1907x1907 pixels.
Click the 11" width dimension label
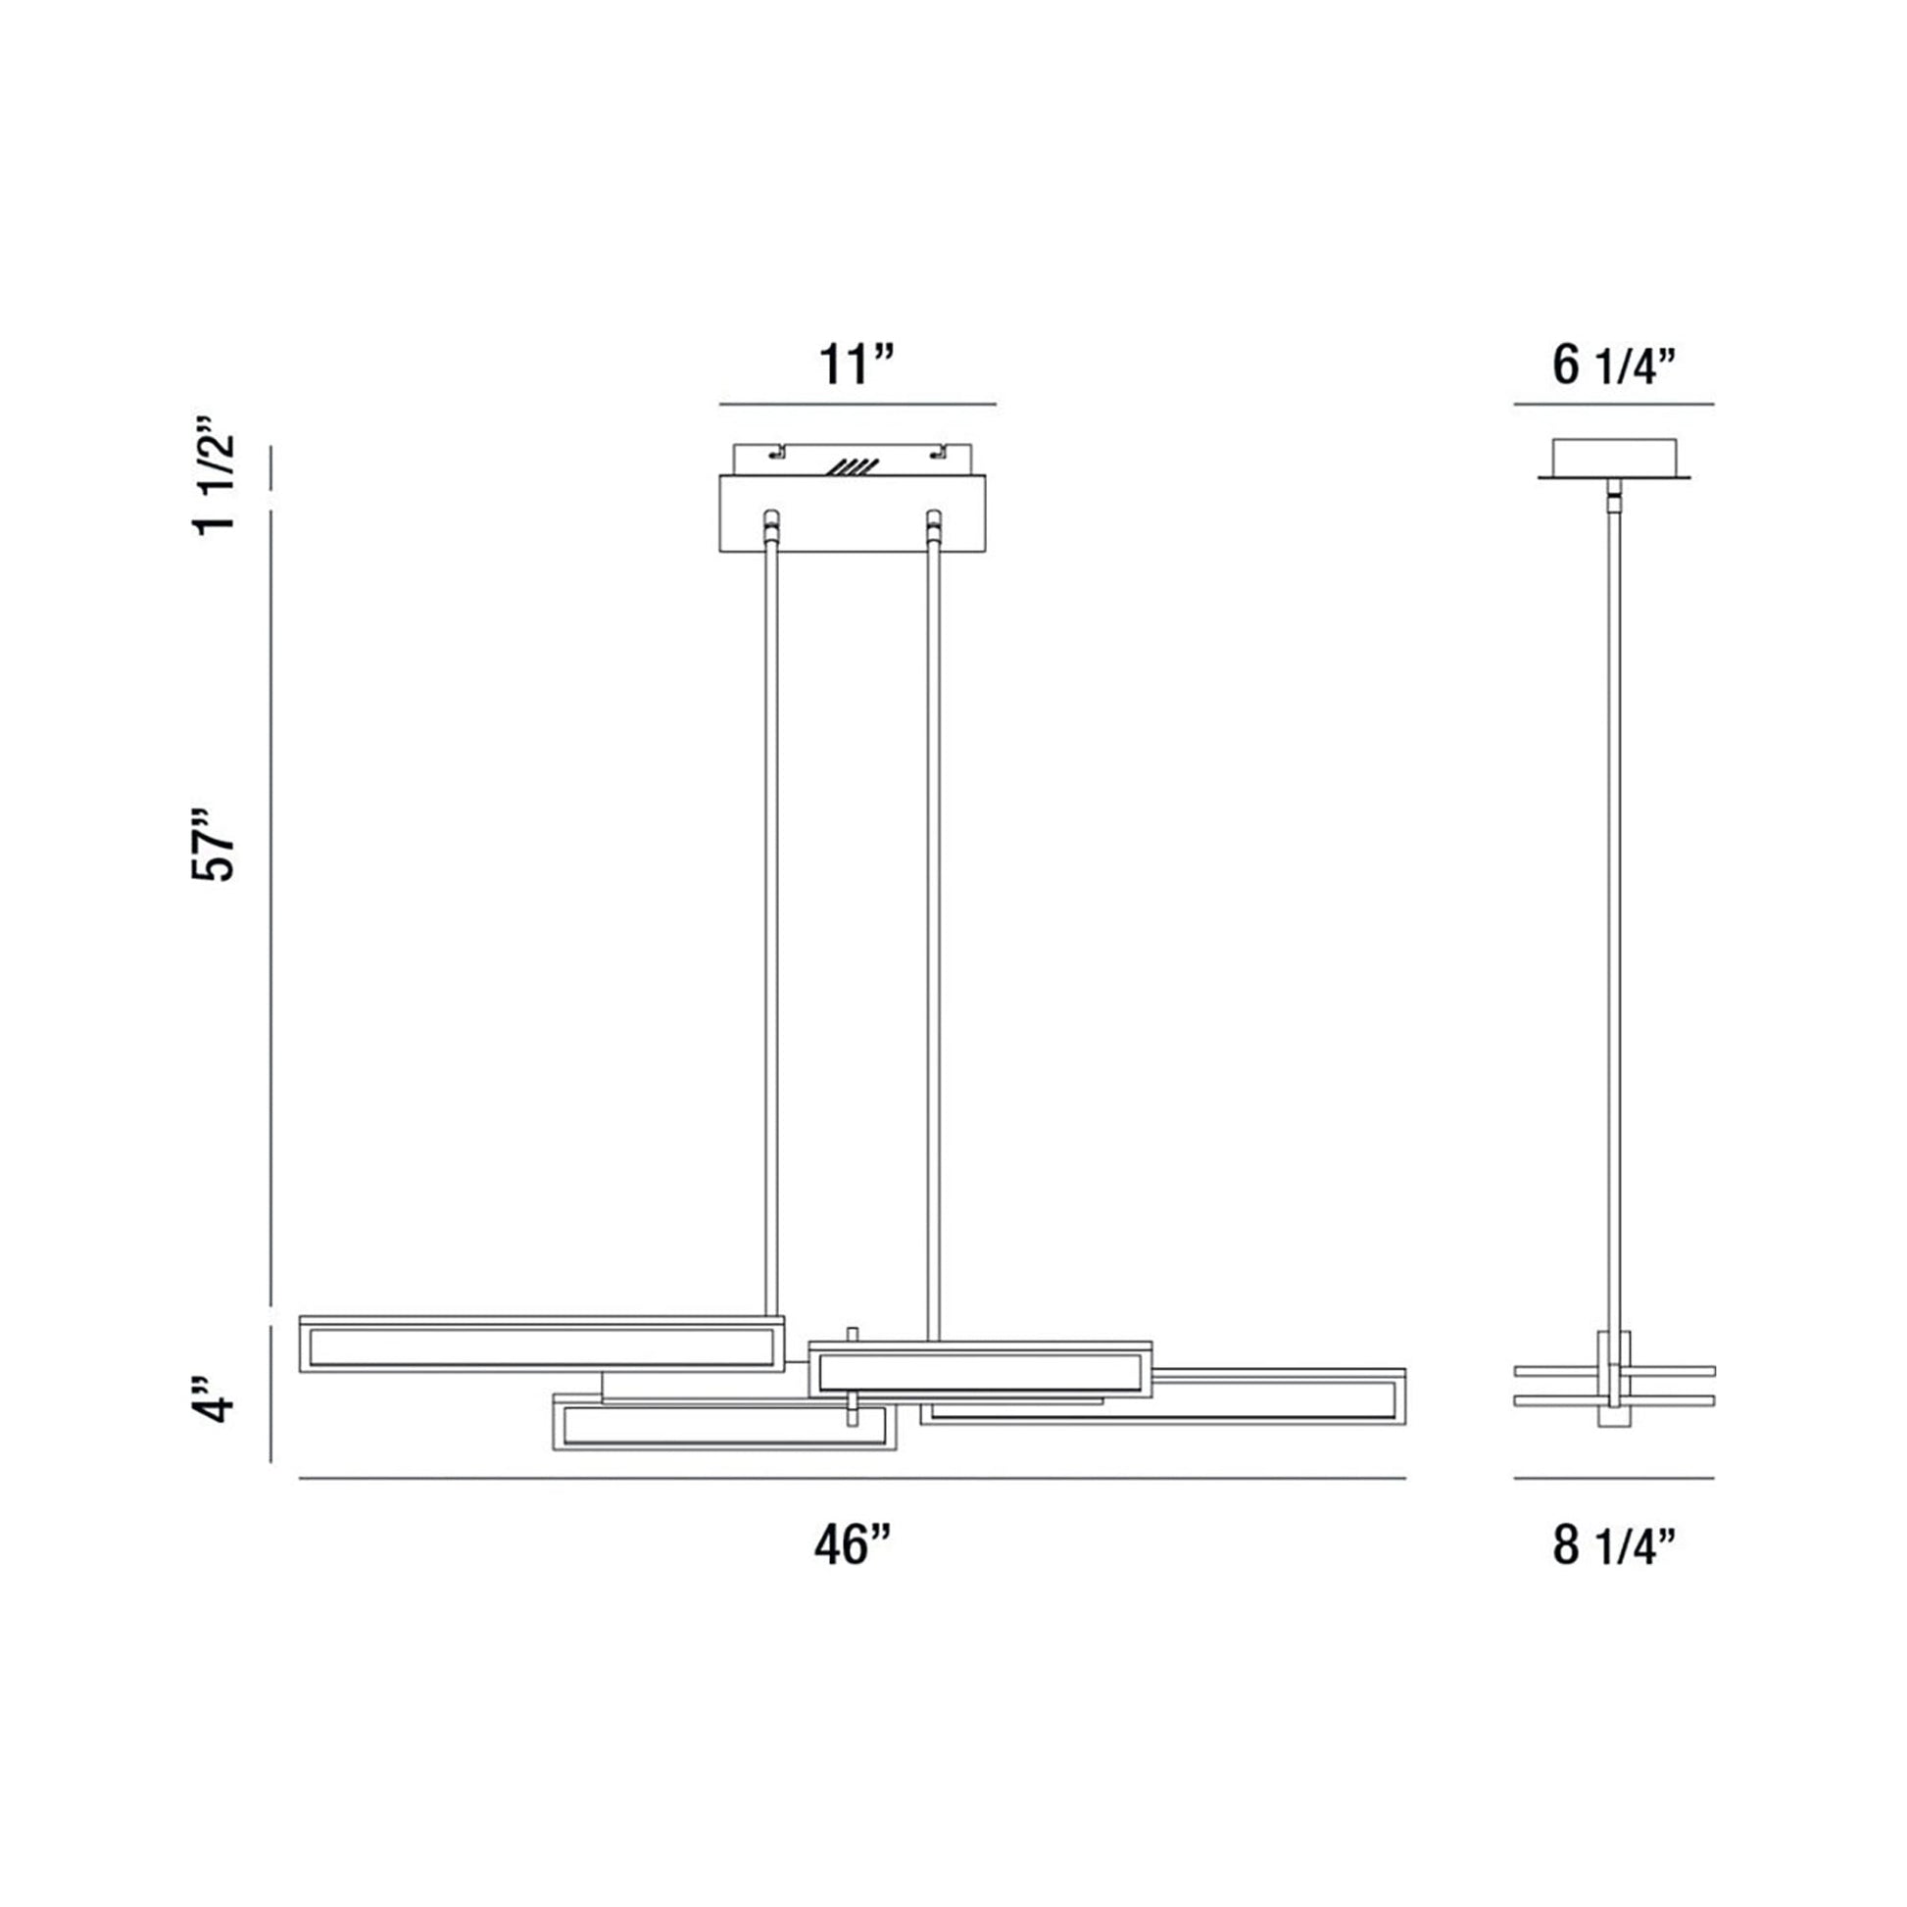coord(856,365)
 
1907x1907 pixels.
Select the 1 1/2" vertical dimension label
coord(215,474)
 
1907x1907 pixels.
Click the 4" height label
coord(215,1395)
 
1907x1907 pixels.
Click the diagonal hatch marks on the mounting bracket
coord(854,466)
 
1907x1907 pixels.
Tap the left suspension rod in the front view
coord(772,913)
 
